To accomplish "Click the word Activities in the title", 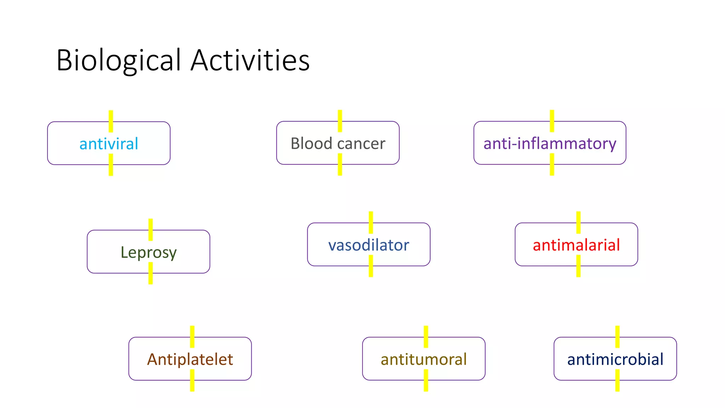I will [x=250, y=60].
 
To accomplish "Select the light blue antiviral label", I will [x=109, y=144].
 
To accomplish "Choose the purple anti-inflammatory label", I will [x=550, y=144].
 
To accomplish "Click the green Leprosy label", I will [x=148, y=253].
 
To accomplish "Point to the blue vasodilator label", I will [x=369, y=245].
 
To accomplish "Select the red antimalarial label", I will [x=576, y=245].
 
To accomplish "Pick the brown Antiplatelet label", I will [x=190, y=359].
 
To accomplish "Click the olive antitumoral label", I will [x=423, y=359].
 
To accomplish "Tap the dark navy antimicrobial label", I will [x=615, y=359].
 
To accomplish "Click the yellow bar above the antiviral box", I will [x=111, y=121].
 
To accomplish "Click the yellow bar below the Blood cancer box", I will [x=340, y=165].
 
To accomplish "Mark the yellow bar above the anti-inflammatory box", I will [x=552, y=120].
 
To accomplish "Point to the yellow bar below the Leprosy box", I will [x=150, y=273].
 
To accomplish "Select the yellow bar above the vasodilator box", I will [x=371, y=222].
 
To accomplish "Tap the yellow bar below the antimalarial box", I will [x=578, y=266].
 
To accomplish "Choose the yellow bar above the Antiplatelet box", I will [x=192, y=336].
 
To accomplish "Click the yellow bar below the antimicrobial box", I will [x=617, y=380].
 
